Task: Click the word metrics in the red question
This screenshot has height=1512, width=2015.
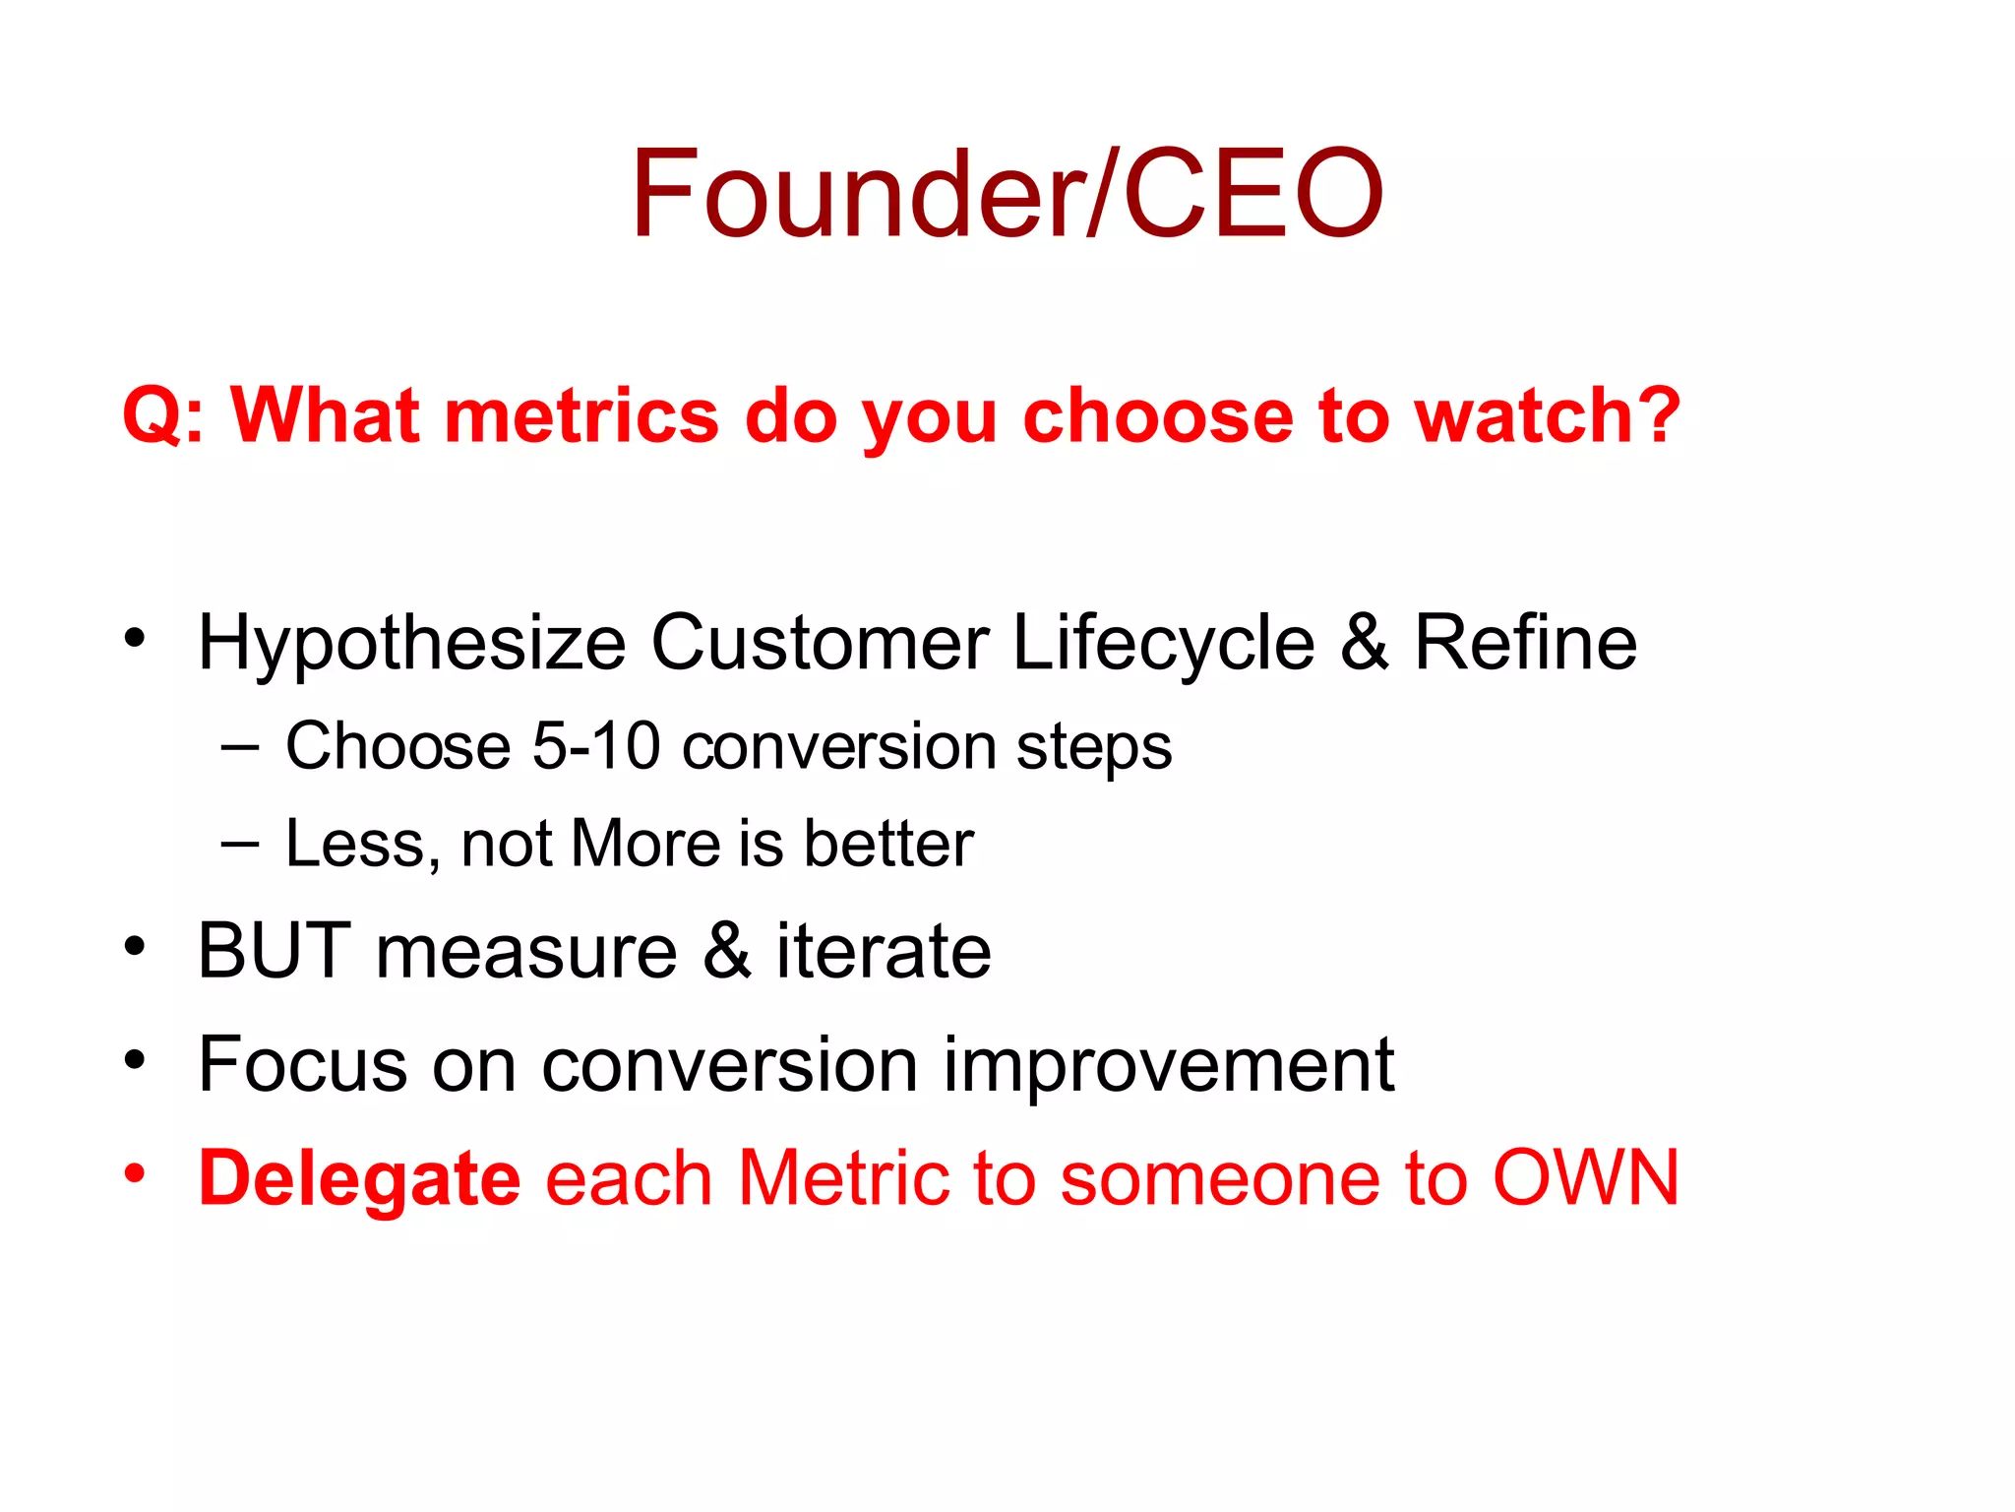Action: [x=581, y=415]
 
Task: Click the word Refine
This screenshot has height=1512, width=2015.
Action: [x=1525, y=643]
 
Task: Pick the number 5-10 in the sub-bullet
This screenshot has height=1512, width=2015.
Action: [x=595, y=745]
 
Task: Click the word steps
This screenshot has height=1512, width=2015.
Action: [x=1094, y=747]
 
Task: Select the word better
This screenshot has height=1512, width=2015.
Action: [x=887, y=844]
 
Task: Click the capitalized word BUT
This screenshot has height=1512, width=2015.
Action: [x=274, y=951]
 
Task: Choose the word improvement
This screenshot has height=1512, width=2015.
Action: [x=1168, y=1065]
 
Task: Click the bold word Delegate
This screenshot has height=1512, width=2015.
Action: [x=359, y=1179]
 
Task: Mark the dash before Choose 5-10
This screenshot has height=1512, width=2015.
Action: [x=240, y=747]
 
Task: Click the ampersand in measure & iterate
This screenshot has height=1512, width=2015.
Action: [x=726, y=951]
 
